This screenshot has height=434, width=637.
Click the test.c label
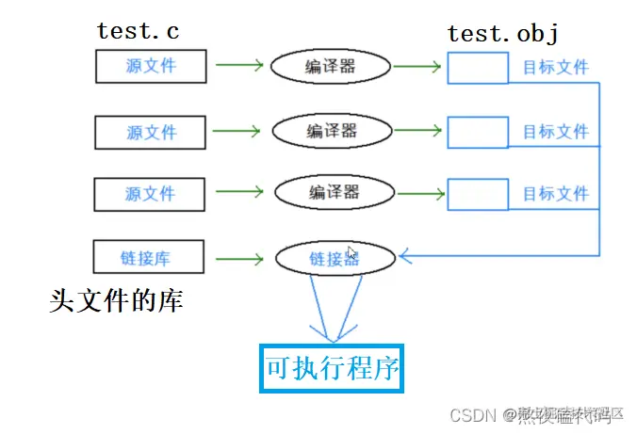tap(138, 30)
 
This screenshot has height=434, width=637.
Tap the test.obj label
tap(502, 34)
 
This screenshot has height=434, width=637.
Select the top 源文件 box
tap(151, 66)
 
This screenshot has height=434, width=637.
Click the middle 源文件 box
tap(151, 131)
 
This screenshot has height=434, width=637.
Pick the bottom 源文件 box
tap(150, 194)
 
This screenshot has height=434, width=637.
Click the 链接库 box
tap(150, 257)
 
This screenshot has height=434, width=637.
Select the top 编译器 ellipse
tap(331, 66)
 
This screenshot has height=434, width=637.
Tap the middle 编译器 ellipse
tap(332, 130)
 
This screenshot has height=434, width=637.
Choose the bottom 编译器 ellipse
tap(334, 192)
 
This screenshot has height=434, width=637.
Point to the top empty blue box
tap(478, 68)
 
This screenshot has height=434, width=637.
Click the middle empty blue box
tap(478, 132)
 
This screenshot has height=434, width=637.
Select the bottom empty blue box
tap(478, 194)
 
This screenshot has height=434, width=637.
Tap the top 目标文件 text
tap(555, 68)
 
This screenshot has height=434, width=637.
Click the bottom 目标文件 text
tap(555, 194)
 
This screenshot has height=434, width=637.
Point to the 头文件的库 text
tap(116, 301)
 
